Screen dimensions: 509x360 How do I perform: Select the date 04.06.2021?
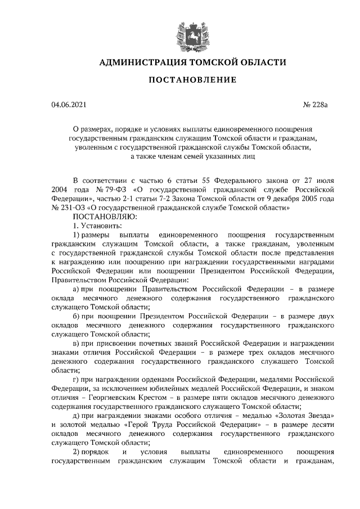click(69, 105)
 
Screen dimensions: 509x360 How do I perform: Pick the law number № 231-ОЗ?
click(70, 208)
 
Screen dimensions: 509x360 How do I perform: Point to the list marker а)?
click(78, 289)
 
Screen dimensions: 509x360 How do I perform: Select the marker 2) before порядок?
click(78, 452)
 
